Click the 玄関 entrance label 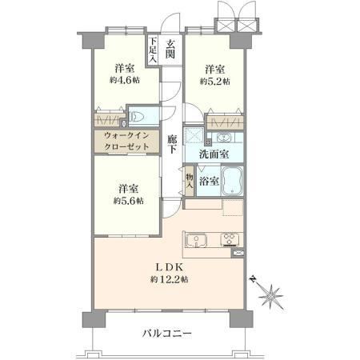coord(170,50)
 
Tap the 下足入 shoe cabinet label coord(153,50)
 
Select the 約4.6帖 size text coord(125,80)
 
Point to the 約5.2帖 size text coord(215,81)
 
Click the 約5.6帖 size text coord(128,201)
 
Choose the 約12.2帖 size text coord(170,279)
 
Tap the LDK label coord(170,267)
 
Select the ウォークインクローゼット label coord(126,141)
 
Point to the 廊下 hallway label coord(172,144)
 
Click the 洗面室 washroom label coord(214,154)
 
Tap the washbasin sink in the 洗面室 coord(225,138)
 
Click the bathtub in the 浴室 coord(233,181)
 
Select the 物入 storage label coord(190,181)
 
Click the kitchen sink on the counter coord(196,240)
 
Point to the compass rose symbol coord(270,294)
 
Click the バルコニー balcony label coord(167,333)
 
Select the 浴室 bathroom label coord(210,182)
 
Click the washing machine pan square coord(194,135)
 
